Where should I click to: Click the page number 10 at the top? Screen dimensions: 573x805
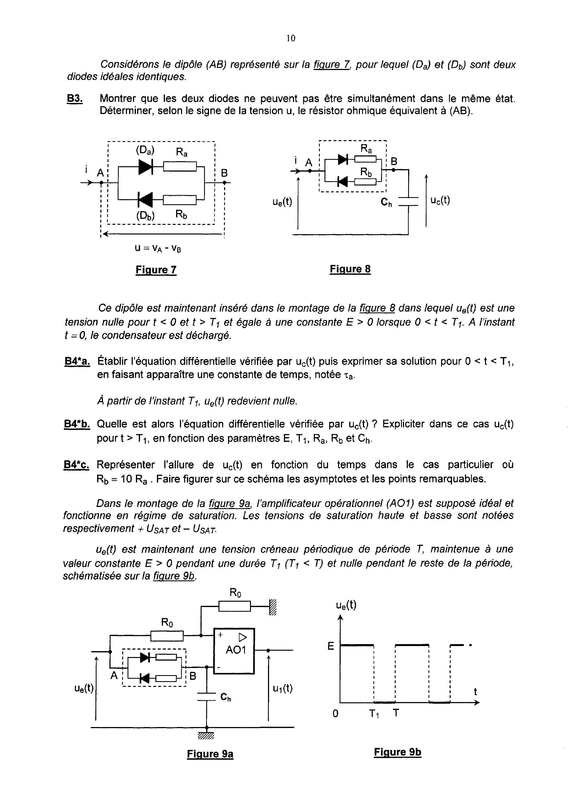pos(291,38)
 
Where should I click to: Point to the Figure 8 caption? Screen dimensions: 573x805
pos(350,269)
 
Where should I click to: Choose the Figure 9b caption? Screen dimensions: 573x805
pos(398,752)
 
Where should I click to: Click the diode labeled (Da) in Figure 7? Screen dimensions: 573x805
pos(145,166)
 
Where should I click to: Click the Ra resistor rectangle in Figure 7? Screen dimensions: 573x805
pos(180,166)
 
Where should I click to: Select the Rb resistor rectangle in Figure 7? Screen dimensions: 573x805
pos(180,200)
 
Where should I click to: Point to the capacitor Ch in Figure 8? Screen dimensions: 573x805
pos(408,201)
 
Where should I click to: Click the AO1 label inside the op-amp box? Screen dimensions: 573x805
pos(235,650)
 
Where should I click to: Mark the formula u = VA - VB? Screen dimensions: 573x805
pos(158,248)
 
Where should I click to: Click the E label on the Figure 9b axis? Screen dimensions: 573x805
pos(331,646)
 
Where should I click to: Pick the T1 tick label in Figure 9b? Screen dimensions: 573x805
pos(374,714)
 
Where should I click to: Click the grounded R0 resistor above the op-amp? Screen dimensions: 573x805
pos(235,606)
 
